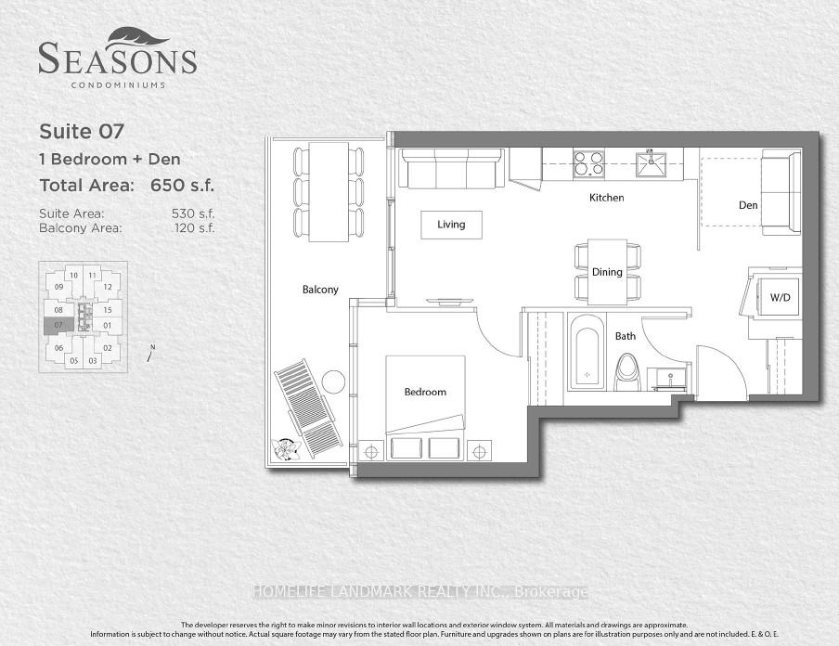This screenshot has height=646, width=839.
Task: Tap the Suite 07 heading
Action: coord(82,132)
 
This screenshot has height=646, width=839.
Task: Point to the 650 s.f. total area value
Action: coord(182,186)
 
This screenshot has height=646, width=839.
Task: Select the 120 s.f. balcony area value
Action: coord(195,228)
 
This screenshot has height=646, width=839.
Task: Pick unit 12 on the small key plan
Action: coord(108,287)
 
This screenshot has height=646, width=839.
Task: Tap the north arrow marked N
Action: coord(151,353)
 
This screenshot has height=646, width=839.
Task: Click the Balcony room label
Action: coord(320,290)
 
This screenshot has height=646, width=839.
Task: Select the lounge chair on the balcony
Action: coord(308,409)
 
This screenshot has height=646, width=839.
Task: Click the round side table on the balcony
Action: coord(334,382)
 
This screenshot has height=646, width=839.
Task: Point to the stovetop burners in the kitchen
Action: coord(588,163)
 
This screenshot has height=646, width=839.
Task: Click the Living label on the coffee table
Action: coord(451,225)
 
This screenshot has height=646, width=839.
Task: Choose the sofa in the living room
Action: coord(452,169)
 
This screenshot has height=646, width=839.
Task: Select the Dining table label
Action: coord(607,272)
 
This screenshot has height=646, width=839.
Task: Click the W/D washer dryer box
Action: coord(780,298)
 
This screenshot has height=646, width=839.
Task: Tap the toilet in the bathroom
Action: coord(627,372)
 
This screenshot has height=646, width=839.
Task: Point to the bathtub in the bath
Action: coord(587,352)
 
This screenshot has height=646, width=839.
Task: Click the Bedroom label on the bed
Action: coord(425,392)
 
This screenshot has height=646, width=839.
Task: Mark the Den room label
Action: coord(748,205)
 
